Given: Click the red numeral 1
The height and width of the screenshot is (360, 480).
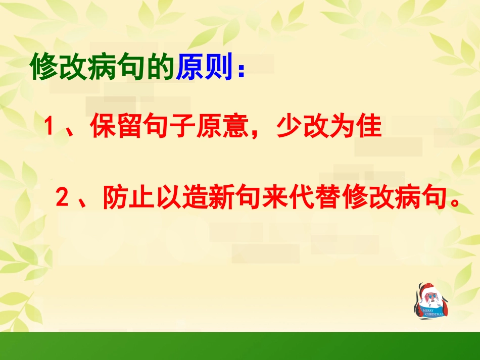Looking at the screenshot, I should (50, 127).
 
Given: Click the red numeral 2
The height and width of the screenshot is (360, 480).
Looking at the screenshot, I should (62, 197).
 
